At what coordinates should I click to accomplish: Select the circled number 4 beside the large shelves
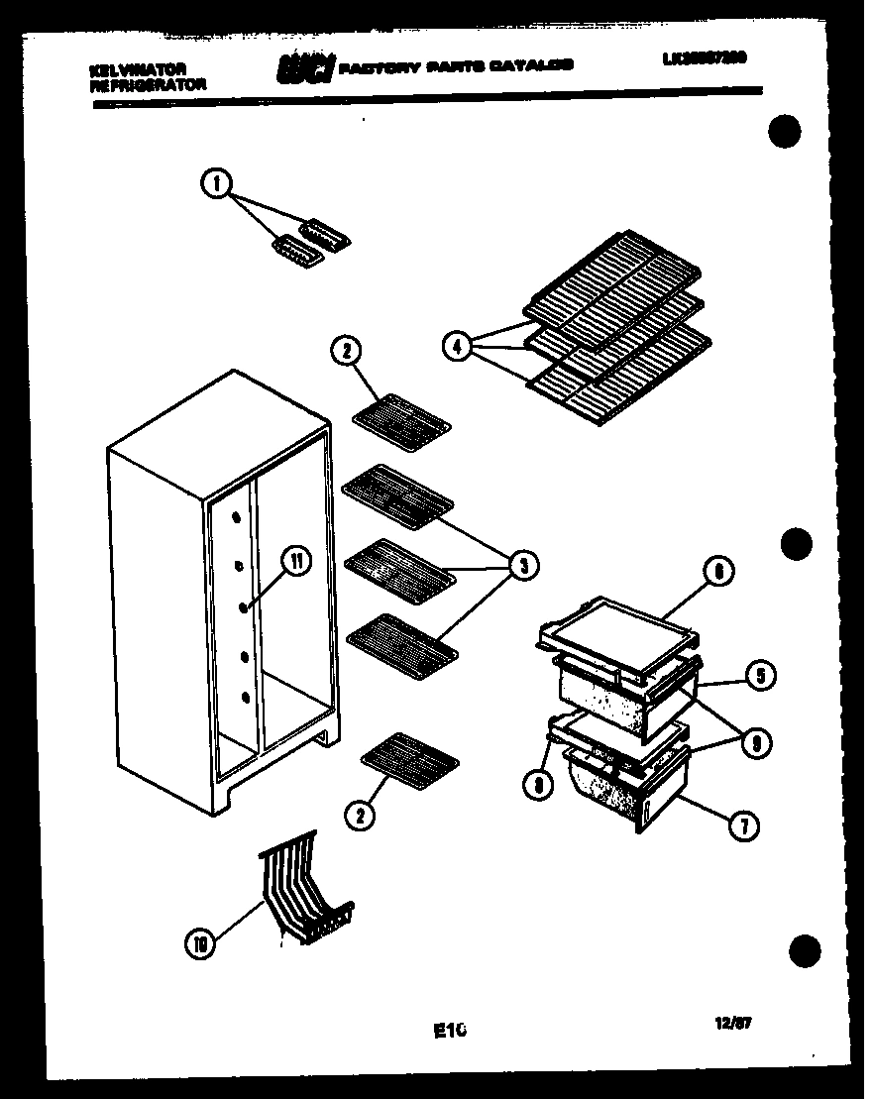[x=456, y=348]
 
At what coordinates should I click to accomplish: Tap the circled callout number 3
[x=522, y=566]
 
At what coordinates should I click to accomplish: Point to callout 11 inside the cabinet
[x=296, y=561]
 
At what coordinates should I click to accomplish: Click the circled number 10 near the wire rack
[x=201, y=943]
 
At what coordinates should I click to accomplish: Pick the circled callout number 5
[x=760, y=677]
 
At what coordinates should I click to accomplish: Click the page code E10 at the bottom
[x=450, y=1031]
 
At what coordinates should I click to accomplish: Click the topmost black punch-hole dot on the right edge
[x=785, y=131]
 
